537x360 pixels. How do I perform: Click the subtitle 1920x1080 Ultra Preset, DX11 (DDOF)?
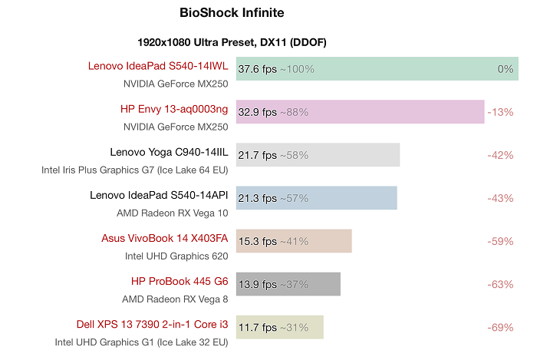click(232, 42)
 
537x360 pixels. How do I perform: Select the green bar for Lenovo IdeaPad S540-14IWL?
click(377, 69)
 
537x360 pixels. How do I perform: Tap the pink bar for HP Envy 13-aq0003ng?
click(360, 112)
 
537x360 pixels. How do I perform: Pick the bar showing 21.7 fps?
click(318, 155)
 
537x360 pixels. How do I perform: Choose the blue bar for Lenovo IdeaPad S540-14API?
click(316, 198)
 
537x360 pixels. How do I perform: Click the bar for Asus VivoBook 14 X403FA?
click(294, 241)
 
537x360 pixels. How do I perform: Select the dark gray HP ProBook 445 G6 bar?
click(288, 284)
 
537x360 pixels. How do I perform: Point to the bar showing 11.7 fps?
click(279, 327)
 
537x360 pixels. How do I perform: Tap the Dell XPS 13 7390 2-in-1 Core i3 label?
click(152, 324)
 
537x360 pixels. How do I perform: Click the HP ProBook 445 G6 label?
click(180, 281)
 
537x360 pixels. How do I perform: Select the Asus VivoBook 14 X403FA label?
click(164, 238)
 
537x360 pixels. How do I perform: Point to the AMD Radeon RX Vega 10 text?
click(172, 212)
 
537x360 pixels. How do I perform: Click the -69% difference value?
click(500, 327)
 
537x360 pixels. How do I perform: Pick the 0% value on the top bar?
click(505, 69)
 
